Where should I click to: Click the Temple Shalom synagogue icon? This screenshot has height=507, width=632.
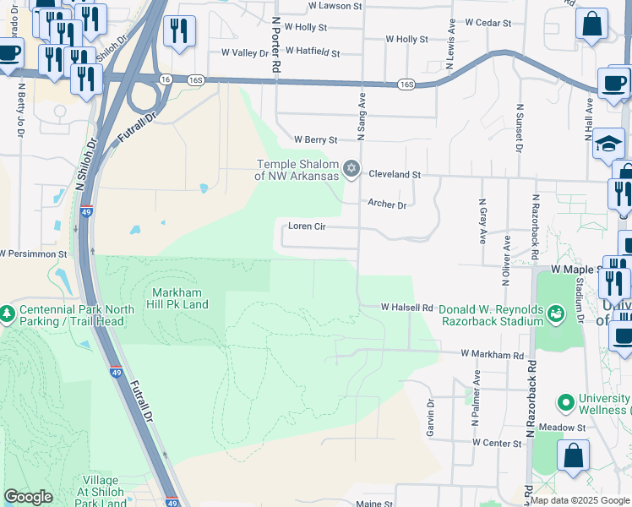tap(352, 167)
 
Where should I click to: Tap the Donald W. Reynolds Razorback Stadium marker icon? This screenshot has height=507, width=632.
tap(555, 314)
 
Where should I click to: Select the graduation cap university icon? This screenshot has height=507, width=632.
tap(607, 144)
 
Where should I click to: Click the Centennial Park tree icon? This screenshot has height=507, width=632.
tap(7, 314)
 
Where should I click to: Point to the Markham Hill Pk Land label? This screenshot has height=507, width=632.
tap(178, 298)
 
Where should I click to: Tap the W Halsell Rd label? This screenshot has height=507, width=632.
tap(406, 308)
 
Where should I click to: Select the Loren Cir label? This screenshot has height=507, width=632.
tap(307, 226)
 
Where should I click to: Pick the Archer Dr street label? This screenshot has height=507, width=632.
tap(387, 204)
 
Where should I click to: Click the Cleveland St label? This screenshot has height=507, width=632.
tap(394, 174)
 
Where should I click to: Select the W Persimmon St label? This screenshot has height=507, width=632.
tap(33, 253)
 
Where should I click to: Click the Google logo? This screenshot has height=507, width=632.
tap(28, 497)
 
